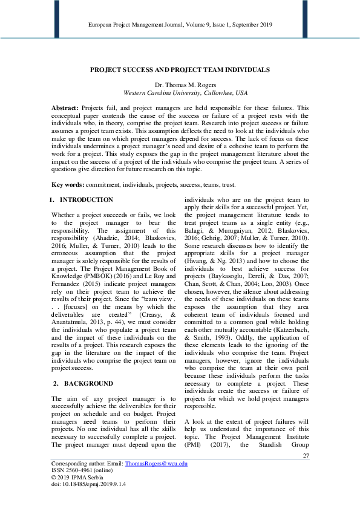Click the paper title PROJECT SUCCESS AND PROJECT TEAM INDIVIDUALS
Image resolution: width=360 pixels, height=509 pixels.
180,70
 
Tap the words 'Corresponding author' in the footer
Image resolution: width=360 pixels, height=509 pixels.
76,463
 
